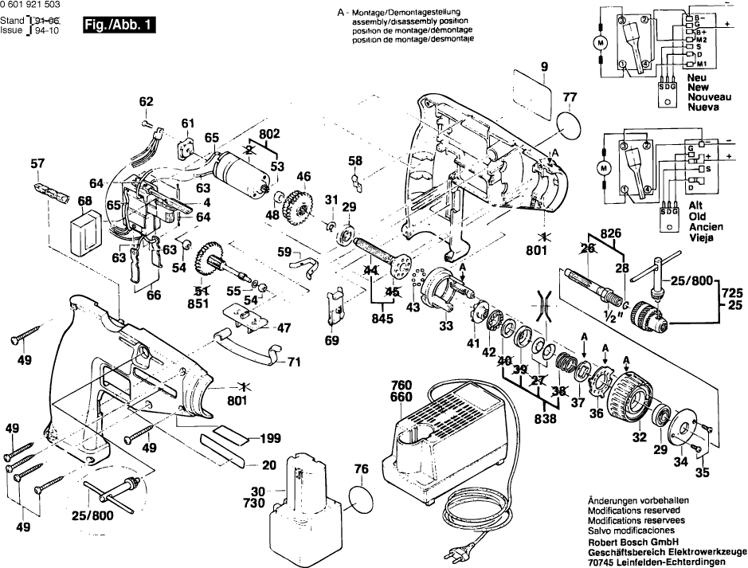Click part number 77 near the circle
coord(569,99)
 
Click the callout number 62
coord(146,101)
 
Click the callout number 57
coord(37,164)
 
